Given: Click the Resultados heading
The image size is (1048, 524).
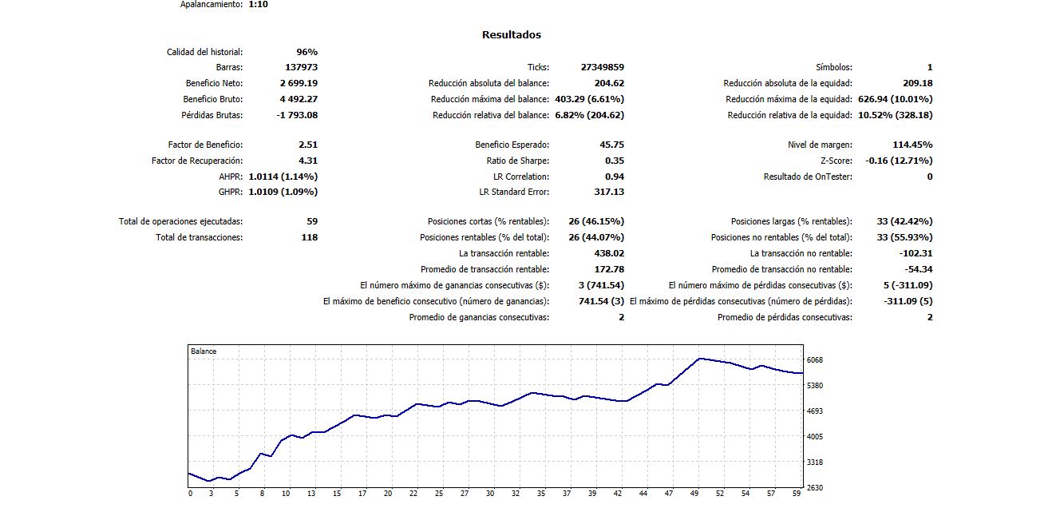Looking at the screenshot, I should (511, 35).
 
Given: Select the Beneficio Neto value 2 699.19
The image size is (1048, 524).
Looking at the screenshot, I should (299, 83).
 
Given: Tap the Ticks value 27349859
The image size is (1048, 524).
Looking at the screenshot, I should (603, 68).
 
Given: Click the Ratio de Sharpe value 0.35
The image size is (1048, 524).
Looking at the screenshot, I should (613, 161).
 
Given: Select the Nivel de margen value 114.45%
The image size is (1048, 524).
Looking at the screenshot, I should (912, 145).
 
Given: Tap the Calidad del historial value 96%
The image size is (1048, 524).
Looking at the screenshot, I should (306, 52).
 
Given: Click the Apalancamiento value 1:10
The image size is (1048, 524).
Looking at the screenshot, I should (259, 4).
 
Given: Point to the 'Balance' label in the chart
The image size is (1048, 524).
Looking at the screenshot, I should (204, 351).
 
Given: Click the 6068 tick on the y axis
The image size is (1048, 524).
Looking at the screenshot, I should (815, 360).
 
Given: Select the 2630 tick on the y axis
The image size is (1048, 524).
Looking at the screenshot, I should (815, 487).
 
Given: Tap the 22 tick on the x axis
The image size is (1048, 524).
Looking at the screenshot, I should (413, 494).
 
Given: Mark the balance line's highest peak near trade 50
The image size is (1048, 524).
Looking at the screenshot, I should (700, 359).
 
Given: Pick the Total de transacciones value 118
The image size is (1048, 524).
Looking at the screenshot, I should (309, 237).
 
